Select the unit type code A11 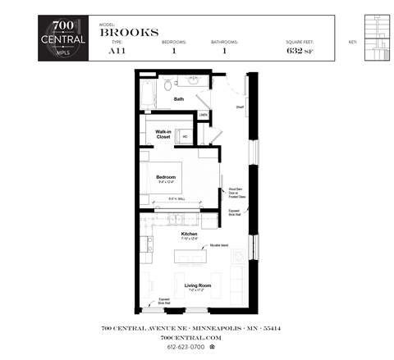click(118, 51)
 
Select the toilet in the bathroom click(167, 84)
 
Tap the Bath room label click(178, 98)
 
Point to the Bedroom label click(167, 175)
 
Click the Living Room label click(198, 285)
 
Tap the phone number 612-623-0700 click(192, 348)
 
